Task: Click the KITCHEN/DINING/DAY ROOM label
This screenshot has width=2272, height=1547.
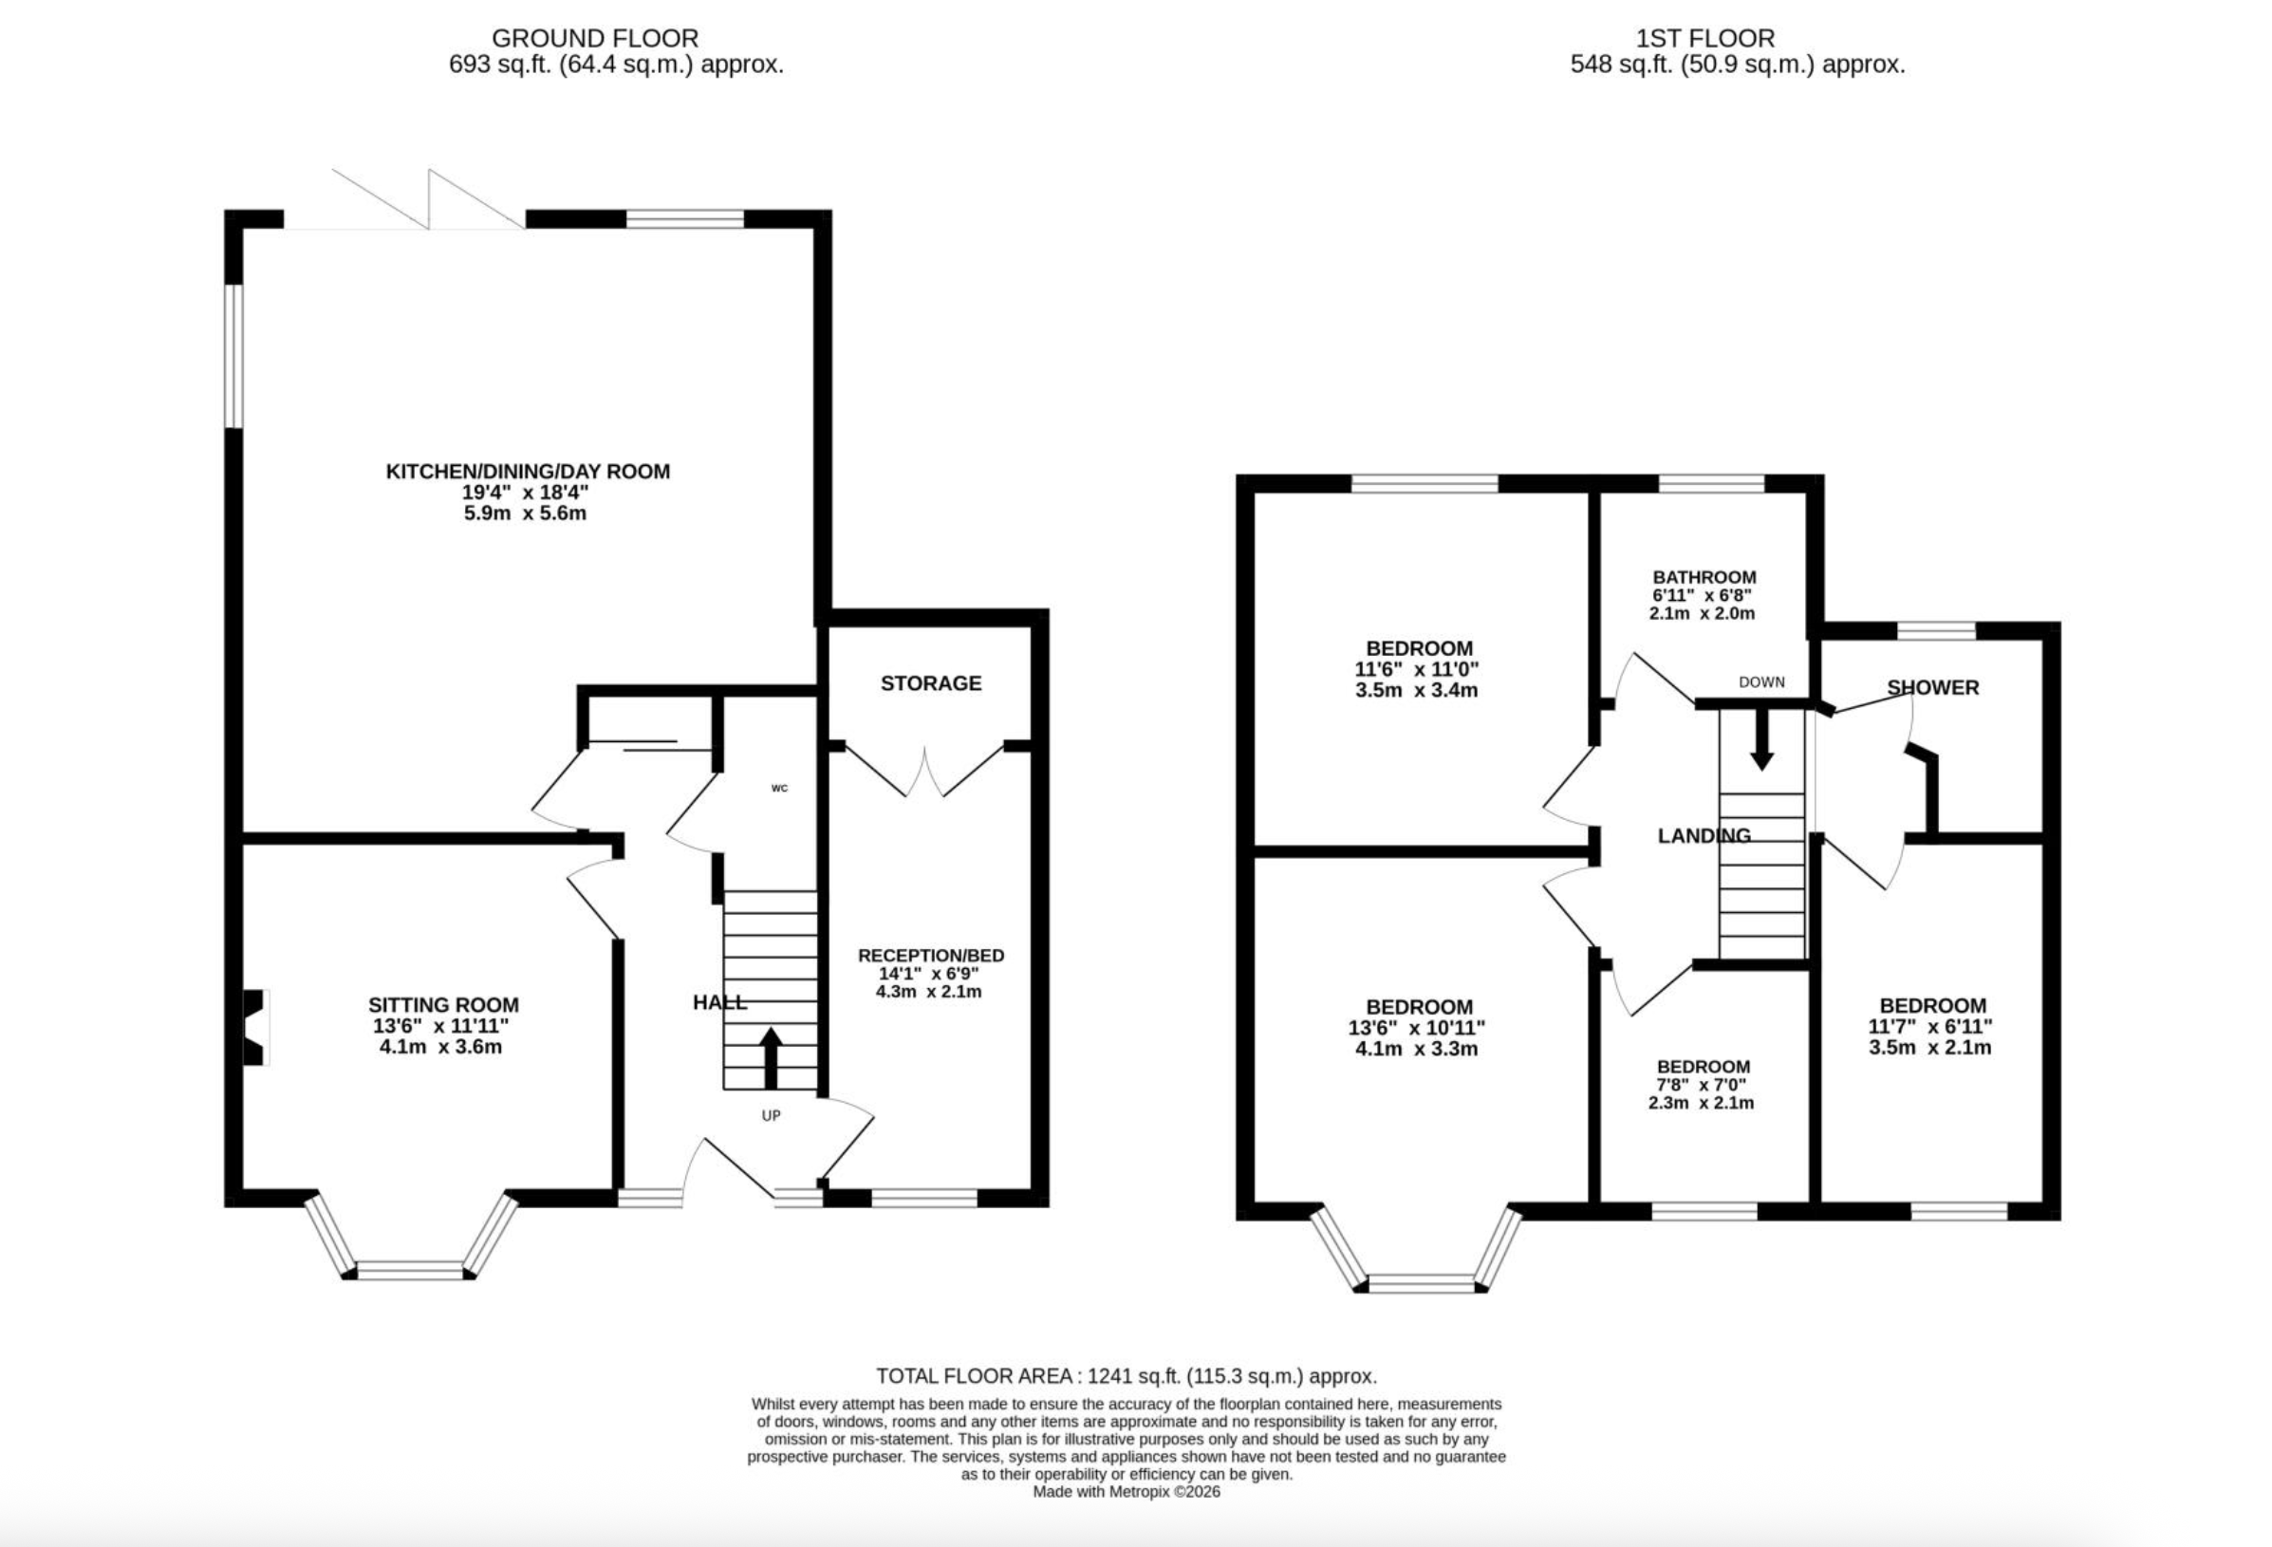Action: point(528,472)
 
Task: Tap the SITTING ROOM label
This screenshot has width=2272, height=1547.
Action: point(443,1004)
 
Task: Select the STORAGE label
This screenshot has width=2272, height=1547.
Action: point(931,683)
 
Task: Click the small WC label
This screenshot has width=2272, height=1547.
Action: point(779,788)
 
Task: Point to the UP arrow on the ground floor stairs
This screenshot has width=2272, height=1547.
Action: point(771,1058)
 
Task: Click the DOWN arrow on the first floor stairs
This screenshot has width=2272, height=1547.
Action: point(1760,739)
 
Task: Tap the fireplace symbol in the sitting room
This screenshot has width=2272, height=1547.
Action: point(255,1027)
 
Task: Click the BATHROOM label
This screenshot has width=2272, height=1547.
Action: point(1704,577)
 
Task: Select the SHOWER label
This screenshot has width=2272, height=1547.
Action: point(1932,687)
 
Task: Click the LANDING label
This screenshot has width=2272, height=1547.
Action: point(1704,835)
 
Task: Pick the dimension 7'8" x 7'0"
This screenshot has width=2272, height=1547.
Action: point(1703,1085)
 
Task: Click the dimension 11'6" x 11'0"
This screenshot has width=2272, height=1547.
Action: point(1418,669)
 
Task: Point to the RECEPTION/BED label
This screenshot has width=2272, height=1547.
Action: point(931,956)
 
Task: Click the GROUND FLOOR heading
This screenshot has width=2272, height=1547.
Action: point(594,38)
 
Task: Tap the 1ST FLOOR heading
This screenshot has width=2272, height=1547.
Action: point(1705,38)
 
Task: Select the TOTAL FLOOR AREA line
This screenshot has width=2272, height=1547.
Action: point(1127,1376)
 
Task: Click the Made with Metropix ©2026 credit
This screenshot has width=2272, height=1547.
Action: point(1127,1492)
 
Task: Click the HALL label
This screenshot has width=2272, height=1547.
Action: point(719,1001)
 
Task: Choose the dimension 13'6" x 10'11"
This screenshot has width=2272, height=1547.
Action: point(1420,1028)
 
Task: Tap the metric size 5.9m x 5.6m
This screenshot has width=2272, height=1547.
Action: point(525,513)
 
